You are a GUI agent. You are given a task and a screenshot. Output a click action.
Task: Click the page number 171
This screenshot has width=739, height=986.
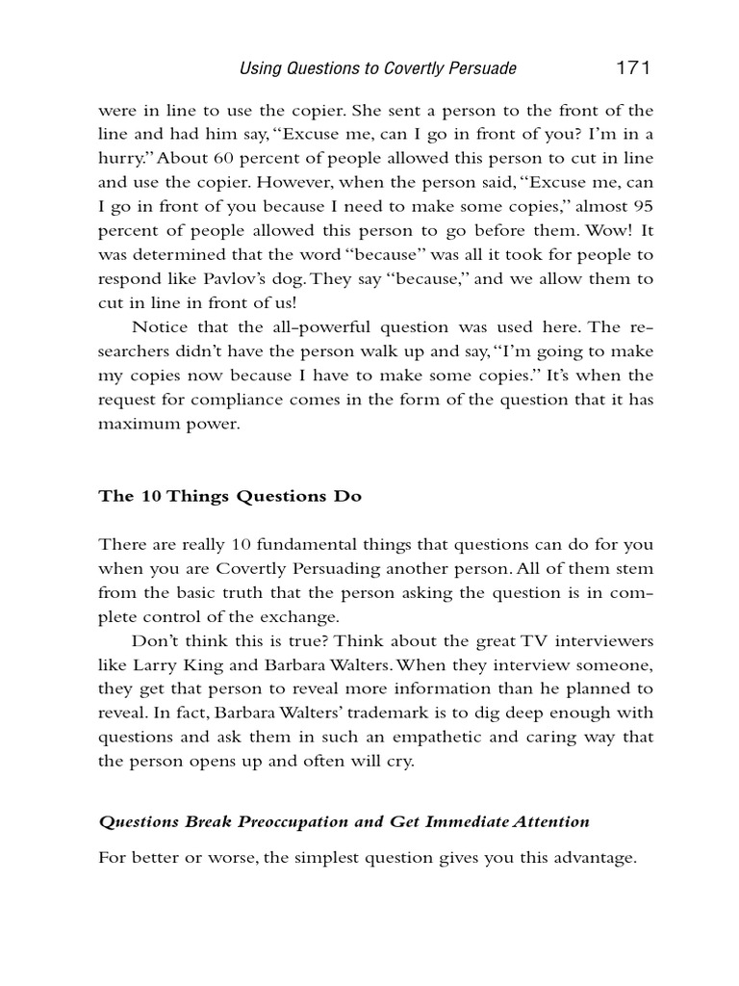[632, 67]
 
